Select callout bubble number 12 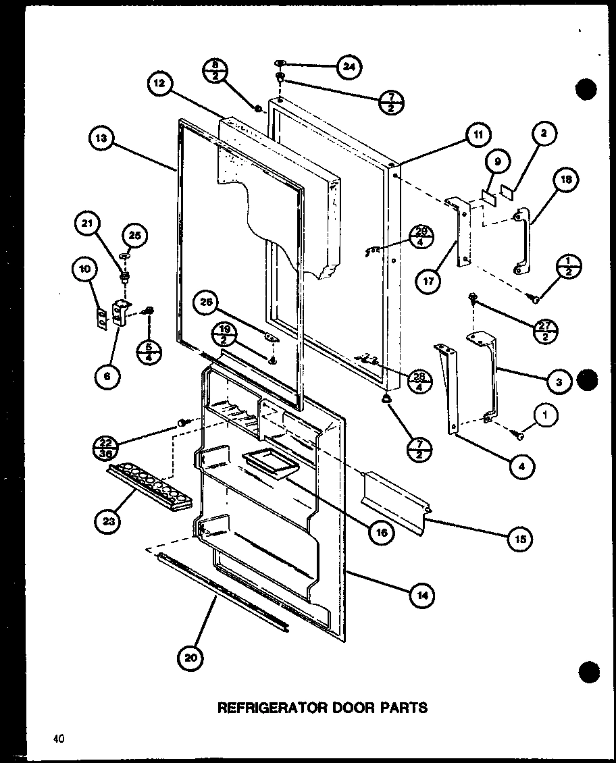(159, 85)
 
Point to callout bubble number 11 (477, 135)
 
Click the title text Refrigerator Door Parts (321, 707)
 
